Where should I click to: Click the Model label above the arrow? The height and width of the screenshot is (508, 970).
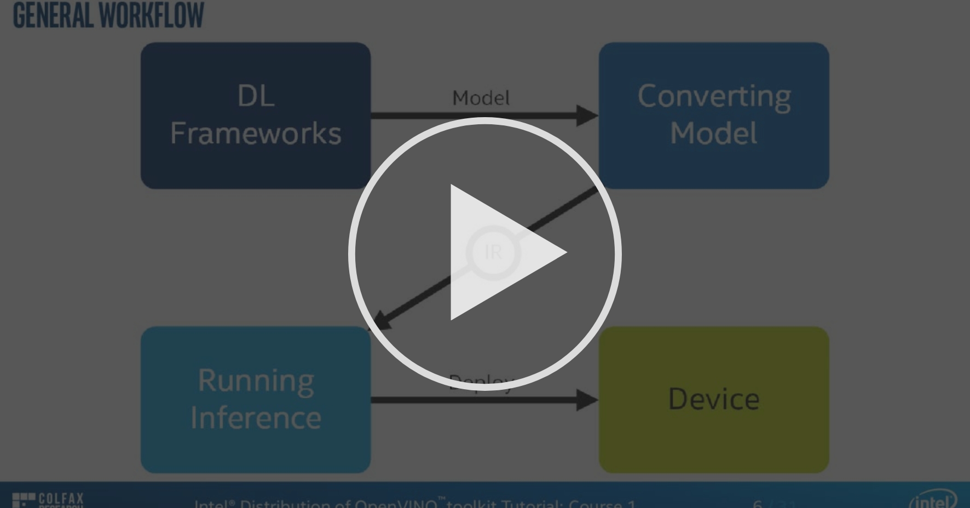(x=481, y=98)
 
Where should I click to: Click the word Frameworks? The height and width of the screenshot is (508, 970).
(x=256, y=134)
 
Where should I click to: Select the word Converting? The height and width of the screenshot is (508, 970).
(x=714, y=97)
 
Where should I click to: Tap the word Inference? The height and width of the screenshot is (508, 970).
(x=256, y=418)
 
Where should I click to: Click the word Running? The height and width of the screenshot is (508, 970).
(x=256, y=380)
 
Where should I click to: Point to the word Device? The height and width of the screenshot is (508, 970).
(x=714, y=399)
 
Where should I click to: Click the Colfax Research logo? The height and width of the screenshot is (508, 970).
(x=48, y=500)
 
